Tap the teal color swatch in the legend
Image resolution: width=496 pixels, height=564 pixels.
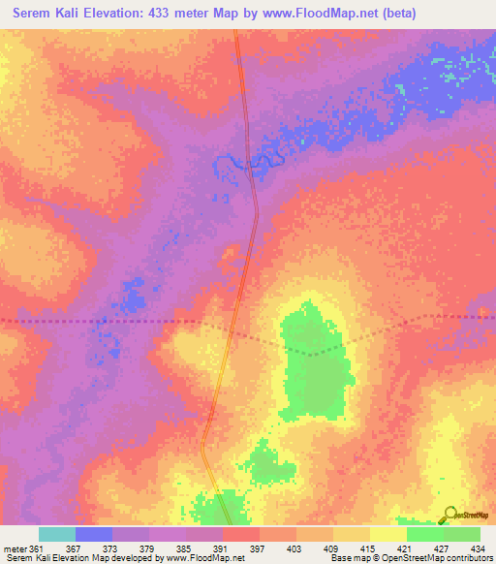pos(57,534)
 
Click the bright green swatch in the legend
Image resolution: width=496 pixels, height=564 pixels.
pos(425,534)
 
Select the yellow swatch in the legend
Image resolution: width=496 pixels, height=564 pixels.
pos(388,534)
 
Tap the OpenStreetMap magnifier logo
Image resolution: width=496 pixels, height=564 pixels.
pos(449,516)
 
